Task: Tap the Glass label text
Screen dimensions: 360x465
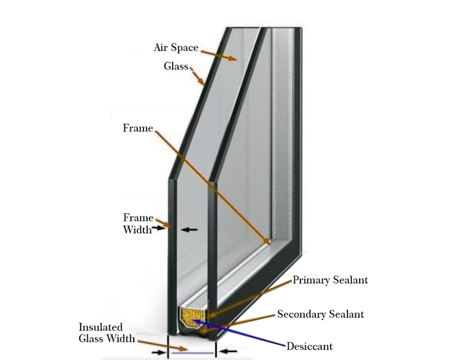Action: tap(176, 66)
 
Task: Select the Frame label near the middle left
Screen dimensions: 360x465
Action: tap(137, 128)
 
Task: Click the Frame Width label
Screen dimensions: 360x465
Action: tap(138, 223)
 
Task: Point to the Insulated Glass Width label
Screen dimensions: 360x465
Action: tap(107, 333)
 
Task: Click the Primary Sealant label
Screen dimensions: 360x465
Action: tap(330, 280)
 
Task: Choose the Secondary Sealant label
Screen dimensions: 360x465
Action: tap(320, 314)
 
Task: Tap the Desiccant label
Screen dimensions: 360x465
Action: tap(309, 347)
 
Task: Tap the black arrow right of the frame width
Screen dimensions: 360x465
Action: tap(190, 229)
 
